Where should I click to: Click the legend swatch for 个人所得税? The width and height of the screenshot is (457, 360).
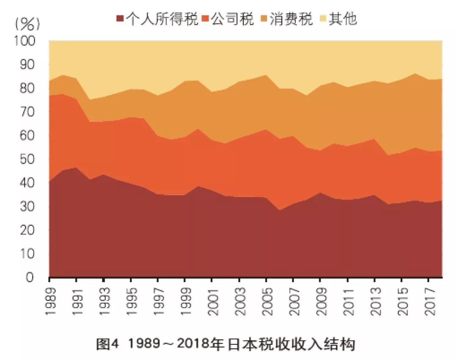coord(120,19)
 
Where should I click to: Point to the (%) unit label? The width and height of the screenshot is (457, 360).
coord(28,24)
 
